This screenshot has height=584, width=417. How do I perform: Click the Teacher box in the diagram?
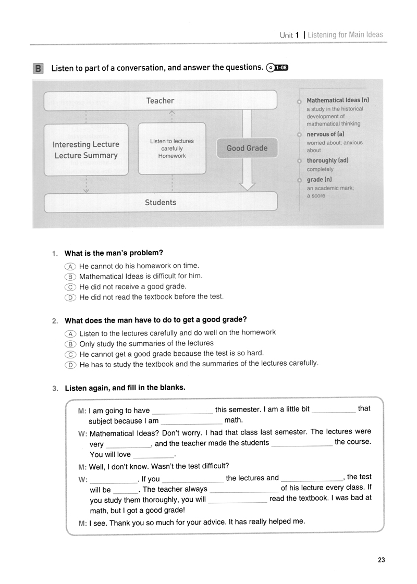160,101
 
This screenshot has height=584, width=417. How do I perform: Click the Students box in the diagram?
160,203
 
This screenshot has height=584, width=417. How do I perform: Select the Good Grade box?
247,148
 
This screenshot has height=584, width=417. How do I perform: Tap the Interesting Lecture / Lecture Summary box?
87,150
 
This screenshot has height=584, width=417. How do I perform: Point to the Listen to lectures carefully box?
171,148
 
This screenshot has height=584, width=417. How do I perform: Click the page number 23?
381,560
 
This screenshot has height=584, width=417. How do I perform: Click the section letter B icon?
38,68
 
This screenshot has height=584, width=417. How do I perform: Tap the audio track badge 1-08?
277,67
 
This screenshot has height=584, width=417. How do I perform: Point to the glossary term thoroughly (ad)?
327,160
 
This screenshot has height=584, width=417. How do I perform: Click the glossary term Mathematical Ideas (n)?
338,100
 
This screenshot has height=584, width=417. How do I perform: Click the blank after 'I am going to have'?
181,411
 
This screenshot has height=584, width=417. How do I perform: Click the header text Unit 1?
289,35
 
